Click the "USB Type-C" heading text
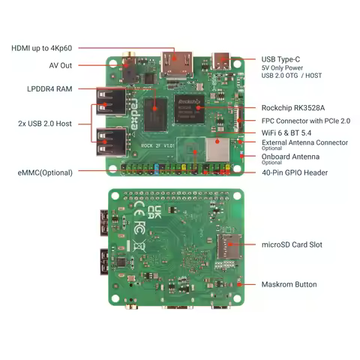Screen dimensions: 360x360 coord(281,59)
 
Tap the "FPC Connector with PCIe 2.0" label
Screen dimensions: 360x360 coord(305,120)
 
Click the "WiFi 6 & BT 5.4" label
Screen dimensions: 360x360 coord(288,133)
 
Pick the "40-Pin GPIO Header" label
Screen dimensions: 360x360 coord(294,172)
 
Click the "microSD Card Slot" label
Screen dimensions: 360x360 coord(292,244)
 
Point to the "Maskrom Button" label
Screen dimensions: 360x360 coord(289,284)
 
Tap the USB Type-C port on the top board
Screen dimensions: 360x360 coord(223,61)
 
